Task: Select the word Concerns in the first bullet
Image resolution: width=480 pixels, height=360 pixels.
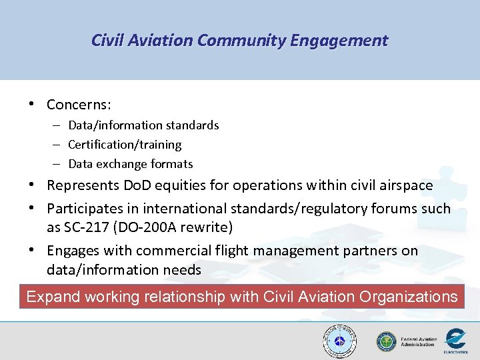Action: click(78, 105)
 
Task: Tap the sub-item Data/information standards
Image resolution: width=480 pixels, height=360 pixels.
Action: click(143, 125)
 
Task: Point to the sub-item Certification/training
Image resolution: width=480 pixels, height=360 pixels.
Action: click(125, 145)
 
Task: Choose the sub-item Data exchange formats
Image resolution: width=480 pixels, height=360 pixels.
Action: click(131, 164)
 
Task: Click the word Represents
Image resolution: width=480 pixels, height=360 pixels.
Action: click(82, 185)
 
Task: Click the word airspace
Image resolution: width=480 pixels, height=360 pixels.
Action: click(402, 185)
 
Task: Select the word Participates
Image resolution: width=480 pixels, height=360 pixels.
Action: click(86, 209)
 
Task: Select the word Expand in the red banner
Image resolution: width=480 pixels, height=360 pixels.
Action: click(53, 297)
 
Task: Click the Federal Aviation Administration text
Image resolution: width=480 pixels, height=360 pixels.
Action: click(419, 342)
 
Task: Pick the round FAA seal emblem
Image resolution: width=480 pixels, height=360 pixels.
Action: click(386, 342)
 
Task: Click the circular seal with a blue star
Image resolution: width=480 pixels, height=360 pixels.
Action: click(339, 342)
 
